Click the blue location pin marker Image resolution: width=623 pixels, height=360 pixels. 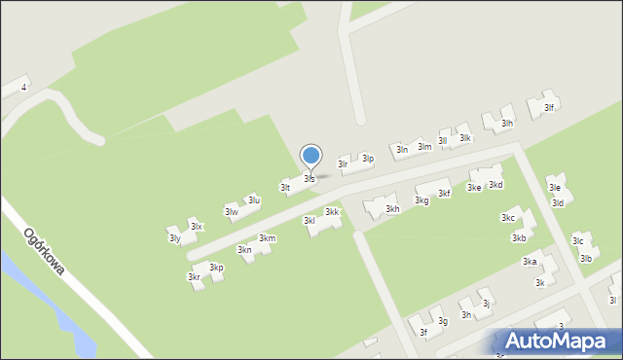click(x=311, y=156)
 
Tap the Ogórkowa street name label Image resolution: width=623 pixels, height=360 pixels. click(x=44, y=252)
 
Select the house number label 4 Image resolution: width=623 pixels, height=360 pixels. click(x=23, y=88)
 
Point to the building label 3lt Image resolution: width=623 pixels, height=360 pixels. click(x=285, y=187)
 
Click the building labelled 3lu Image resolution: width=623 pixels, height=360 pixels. click(x=253, y=200)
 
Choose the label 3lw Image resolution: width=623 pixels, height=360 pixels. click(x=232, y=212)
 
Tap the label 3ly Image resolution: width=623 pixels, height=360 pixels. click(x=174, y=238)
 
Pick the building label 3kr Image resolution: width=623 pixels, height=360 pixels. click(x=194, y=277)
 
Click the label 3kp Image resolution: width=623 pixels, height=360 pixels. click(x=216, y=268)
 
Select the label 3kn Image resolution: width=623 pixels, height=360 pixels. click(x=244, y=250)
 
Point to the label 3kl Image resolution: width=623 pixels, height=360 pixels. click(x=310, y=221)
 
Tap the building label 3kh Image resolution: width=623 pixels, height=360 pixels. click(x=392, y=209)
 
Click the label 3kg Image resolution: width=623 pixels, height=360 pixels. click(x=421, y=200)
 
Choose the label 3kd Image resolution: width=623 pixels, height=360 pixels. click(x=495, y=185)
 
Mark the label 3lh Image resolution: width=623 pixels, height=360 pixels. click(x=507, y=124)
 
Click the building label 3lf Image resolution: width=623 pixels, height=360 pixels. click(x=549, y=108)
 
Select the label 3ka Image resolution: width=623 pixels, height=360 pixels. click(x=530, y=262)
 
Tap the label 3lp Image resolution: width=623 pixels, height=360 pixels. click(x=368, y=158)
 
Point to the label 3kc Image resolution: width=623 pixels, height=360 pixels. click(x=508, y=218)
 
